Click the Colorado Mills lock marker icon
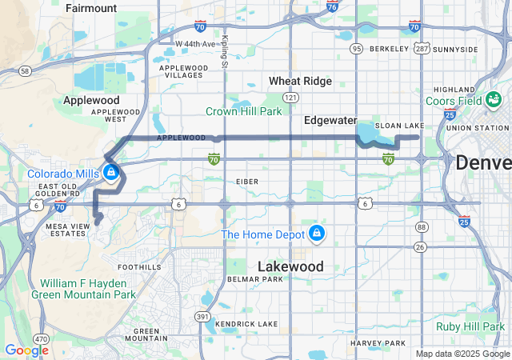pyautogui.click(x=110, y=172)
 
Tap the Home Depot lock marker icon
pyautogui.click(x=317, y=233)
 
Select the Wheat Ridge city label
pyautogui.click(x=296, y=81)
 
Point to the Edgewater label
pyautogui.click(x=330, y=120)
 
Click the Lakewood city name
pyautogui.click(x=290, y=266)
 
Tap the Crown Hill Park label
pyautogui.click(x=244, y=111)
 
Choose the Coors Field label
pyautogui.click(x=475, y=101)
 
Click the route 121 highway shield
pyautogui.click(x=290, y=97)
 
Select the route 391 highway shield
pyautogui.click(x=203, y=317)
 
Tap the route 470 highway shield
pyautogui.click(x=39, y=339)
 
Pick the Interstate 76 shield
pyautogui.click(x=332, y=6)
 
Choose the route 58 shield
pyautogui.click(x=25, y=71)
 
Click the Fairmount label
pyautogui.click(x=91, y=8)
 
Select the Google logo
pyautogui.click(x=26, y=350)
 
